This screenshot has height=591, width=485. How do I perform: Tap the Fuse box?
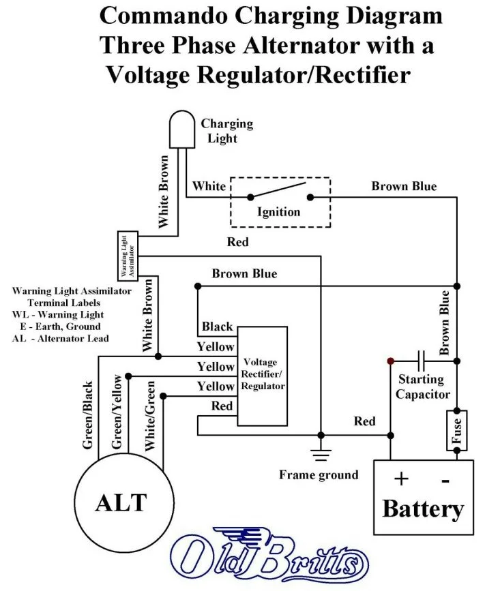click(456, 430)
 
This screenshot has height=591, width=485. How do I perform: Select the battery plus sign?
click(400, 479)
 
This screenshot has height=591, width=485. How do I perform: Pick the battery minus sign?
click(445, 480)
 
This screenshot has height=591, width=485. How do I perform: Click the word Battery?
click(423, 509)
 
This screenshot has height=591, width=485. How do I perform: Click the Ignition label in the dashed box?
click(278, 211)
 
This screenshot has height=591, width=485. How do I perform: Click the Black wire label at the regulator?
click(217, 327)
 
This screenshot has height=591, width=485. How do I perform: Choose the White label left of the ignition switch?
click(209, 186)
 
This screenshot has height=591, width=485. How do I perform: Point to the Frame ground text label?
click(319, 474)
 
